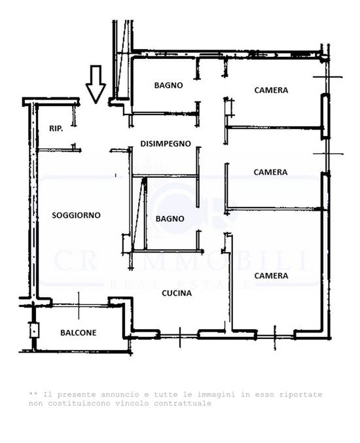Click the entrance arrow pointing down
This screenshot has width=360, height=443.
point(96,84)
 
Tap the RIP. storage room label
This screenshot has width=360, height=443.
point(56,129)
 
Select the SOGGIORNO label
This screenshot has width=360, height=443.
point(76,215)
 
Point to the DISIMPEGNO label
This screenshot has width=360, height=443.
point(165,143)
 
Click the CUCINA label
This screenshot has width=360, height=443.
point(177,293)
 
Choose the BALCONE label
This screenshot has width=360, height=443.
point(78,332)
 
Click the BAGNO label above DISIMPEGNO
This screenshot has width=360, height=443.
point(168,85)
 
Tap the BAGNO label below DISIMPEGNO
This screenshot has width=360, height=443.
point(170,219)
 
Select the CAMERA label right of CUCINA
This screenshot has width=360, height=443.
point(271,275)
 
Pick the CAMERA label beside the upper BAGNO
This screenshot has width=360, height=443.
point(271,90)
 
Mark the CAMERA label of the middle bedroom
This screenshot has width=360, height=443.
point(270,172)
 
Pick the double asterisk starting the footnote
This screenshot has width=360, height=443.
point(33,395)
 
